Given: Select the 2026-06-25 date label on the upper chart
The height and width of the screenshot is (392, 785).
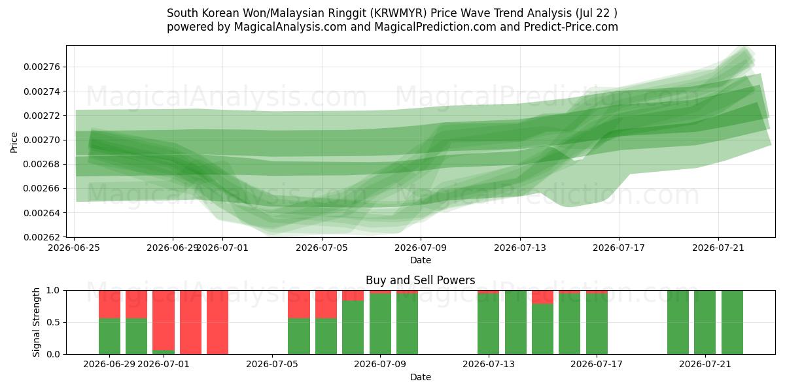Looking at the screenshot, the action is click(x=74, y=248).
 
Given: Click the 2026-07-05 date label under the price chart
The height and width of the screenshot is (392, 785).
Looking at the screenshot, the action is click(x=322, y=248).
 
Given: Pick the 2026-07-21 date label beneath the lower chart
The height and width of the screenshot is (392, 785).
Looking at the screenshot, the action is click(x=705, y=365).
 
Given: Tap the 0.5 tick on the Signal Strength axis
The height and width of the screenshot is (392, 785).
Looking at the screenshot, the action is click(x=53, y=322).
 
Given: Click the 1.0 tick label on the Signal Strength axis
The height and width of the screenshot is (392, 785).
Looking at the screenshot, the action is click(x=53, y=291).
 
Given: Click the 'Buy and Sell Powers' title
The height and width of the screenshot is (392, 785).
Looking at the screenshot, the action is click(x=421, y=280).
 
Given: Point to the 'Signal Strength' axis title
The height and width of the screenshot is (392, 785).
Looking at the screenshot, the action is click(x=36, y=322).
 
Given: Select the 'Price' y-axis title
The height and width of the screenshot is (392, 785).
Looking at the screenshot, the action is click(x=14, y=142).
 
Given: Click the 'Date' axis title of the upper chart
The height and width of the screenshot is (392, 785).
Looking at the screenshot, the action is click(x=421, y=260).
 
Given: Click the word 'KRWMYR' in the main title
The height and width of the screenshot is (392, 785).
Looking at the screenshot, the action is click(x=400, y=13).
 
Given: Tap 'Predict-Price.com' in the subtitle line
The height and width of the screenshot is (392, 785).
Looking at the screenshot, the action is click(x=571, y=27).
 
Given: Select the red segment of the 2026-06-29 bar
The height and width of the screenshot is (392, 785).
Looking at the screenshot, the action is click(x=110, y=304).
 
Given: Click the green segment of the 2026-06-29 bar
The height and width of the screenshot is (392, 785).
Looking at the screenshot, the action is click(x=110, y=336).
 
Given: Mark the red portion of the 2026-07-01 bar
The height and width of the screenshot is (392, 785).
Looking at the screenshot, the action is click(x=164, y=320).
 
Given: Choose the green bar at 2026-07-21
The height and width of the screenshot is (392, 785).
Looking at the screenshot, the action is click(x=705, y=322).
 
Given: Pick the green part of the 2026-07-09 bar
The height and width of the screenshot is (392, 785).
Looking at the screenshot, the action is click(x=380, y=324).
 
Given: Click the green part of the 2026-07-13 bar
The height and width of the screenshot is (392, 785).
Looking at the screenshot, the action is click(x=488, y=324).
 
